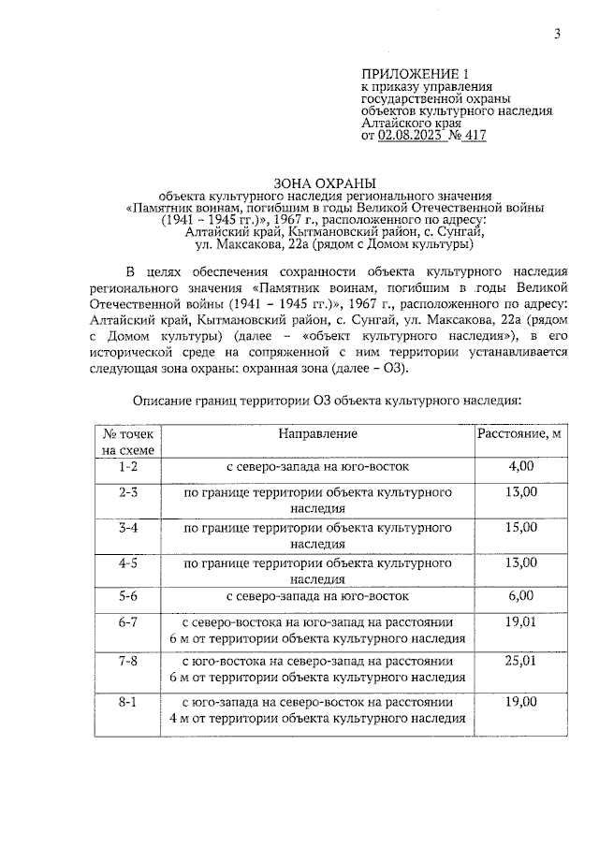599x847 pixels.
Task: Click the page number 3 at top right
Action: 557,35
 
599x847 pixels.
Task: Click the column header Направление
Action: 317,434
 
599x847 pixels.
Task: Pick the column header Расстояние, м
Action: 519,434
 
